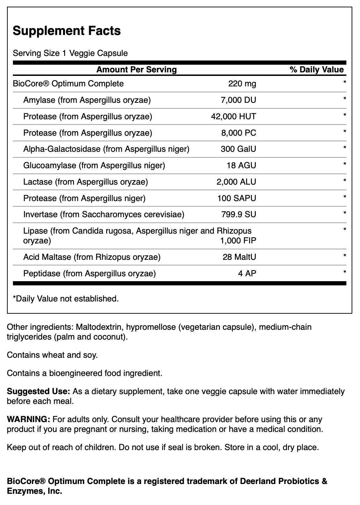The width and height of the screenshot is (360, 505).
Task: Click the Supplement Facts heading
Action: [66, 31]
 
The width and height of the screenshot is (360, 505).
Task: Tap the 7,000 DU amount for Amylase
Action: [238, 100]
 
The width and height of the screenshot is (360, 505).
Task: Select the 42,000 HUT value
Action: [233, 116]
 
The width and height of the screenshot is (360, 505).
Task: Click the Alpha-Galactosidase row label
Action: [106, 149]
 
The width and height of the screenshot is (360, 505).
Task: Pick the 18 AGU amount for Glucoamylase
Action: [241, 165]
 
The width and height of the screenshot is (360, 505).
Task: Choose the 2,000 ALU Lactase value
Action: [236, 182]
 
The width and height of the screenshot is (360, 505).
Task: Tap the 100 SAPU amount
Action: [237, 198]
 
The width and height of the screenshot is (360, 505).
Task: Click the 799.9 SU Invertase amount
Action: [239, 214]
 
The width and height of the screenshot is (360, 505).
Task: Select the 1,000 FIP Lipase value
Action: [238, 241]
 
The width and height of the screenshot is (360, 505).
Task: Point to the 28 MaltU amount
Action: [239, 257]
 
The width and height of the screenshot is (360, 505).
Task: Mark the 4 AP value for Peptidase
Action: [247, 273]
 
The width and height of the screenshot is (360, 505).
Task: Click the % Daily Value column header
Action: [317, 70]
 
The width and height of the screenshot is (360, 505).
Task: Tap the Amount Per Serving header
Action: [136, 70]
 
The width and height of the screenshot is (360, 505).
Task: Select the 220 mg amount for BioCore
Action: [242, 84]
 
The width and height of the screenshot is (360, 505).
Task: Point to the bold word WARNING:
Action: [28, 419]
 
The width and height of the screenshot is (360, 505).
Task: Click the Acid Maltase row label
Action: [92, 257]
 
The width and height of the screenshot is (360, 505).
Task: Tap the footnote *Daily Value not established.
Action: [66, 299]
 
